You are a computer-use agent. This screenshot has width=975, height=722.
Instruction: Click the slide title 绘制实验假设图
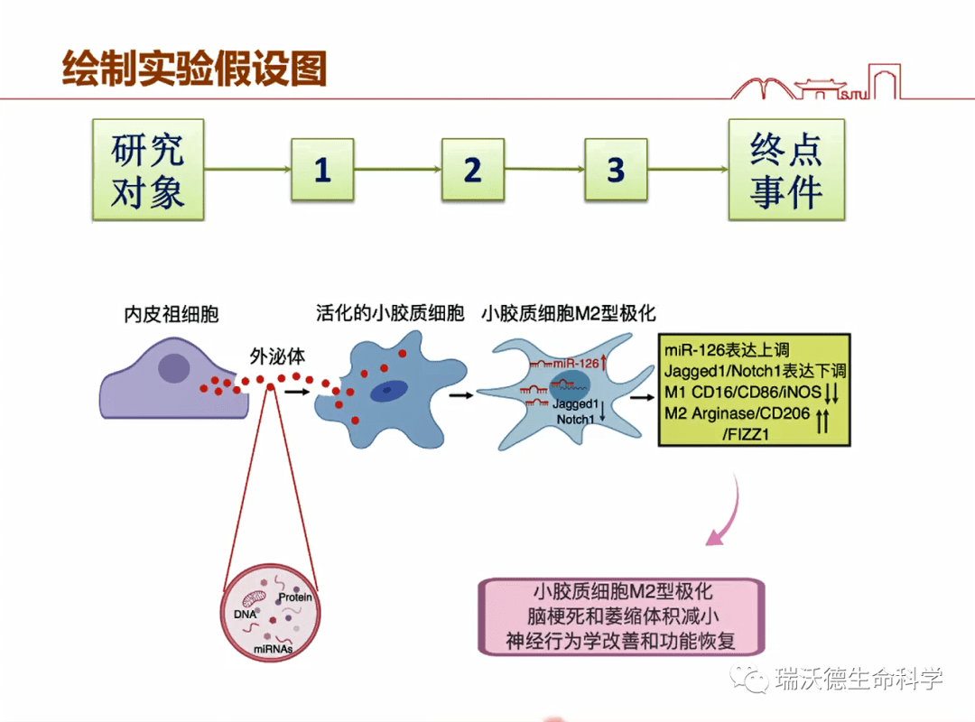point(194,68)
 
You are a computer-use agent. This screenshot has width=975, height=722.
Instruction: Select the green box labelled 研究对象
point(147,171)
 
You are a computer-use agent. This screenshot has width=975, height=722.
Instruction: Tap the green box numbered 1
point(322,170)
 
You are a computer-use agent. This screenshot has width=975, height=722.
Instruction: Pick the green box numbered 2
point(472,170)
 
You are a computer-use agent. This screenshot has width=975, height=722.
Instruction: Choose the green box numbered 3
point(616,170)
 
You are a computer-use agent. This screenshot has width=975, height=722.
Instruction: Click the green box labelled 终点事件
point(786,171)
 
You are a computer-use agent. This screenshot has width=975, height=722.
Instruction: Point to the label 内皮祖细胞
point(172,315)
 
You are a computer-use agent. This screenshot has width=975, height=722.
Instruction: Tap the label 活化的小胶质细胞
point(390,314)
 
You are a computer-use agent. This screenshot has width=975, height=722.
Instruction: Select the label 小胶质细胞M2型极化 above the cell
point(569,314)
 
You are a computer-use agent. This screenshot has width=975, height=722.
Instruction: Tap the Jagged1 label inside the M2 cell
point(576,404)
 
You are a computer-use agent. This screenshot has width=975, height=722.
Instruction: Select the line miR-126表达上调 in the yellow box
point(727,350)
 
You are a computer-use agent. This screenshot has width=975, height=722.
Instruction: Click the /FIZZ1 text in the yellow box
point(753,434)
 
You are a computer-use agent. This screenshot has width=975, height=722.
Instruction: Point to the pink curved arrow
point(727,519)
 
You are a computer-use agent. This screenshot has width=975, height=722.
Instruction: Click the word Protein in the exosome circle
point(294,597)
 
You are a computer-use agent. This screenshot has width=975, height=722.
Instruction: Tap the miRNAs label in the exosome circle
point(272,648)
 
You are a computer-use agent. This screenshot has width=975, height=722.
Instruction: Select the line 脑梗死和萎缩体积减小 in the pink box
point(623,616)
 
